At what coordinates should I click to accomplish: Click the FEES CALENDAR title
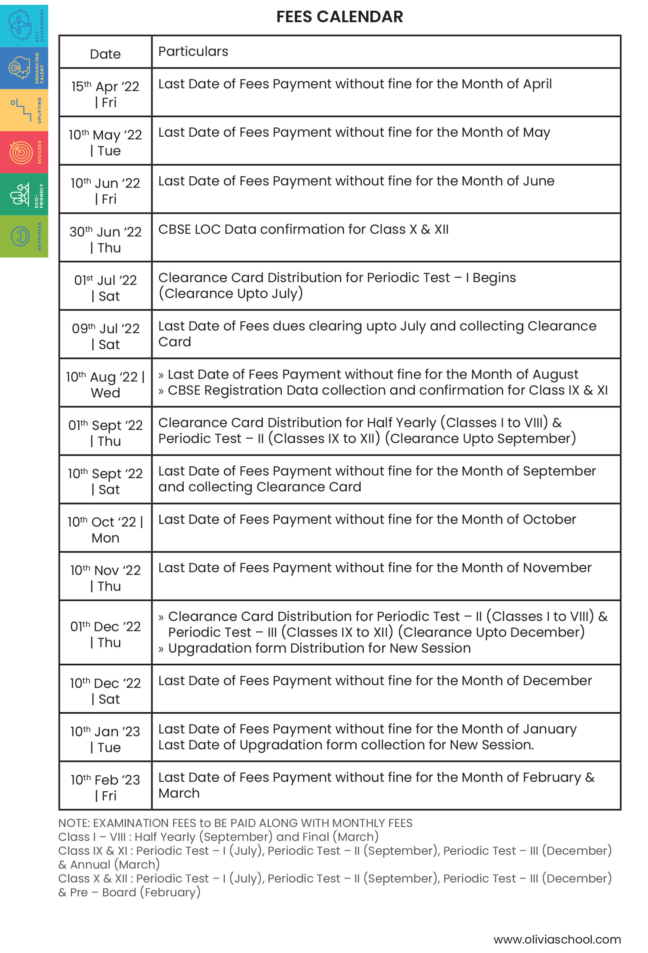point(340,17)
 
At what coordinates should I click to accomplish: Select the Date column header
point(105,54)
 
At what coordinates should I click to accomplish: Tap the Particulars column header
point(193,51)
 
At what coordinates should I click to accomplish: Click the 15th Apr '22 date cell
point(105,94)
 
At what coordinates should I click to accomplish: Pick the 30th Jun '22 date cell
point(105,239)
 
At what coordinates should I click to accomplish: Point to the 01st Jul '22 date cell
point(105,287)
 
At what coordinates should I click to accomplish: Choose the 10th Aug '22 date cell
point(105,384)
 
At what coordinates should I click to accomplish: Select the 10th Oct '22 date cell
point(105,529)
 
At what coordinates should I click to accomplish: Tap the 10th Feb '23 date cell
point(105,787)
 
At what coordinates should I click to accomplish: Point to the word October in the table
point(549,519)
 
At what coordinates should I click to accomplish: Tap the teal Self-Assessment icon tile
point(24,26)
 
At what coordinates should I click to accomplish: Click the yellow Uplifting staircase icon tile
point(24,110)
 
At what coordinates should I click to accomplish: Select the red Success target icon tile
point(24,152)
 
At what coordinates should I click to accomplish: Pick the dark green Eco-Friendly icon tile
point(24,195)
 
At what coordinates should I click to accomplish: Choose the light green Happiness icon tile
point(24,236)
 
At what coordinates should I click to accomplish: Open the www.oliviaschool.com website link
point(557,939)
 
